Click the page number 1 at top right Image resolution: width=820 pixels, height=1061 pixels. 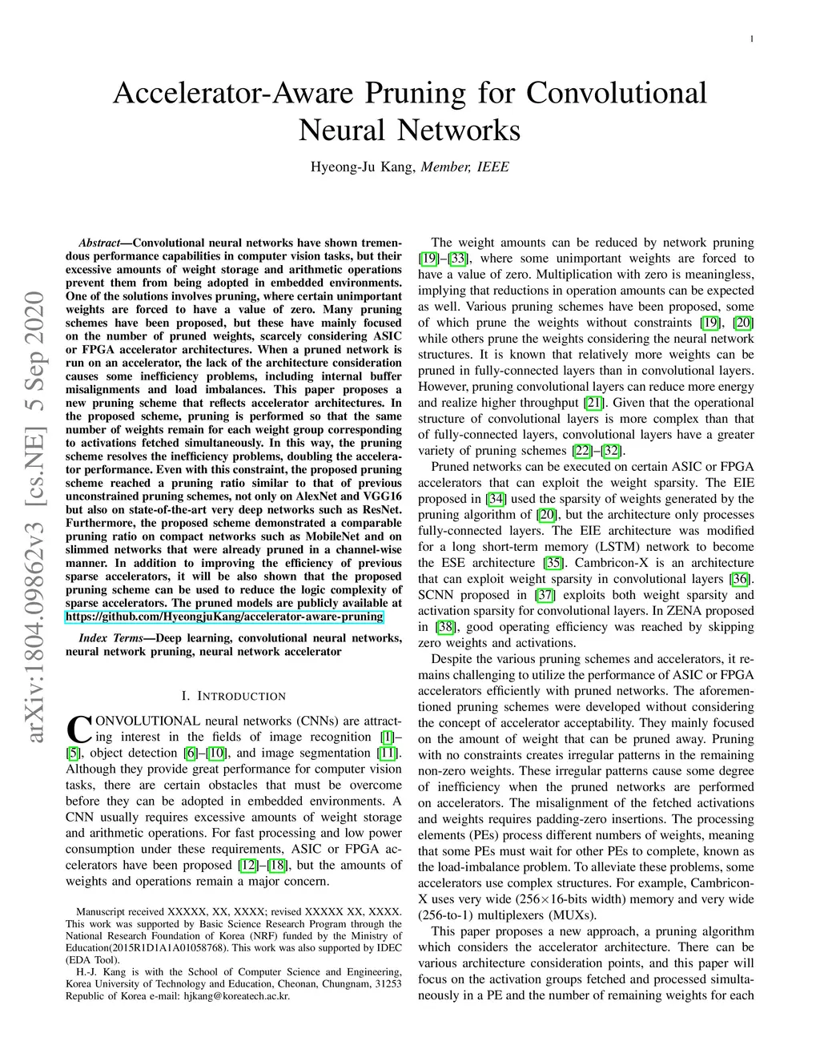[x=752, y=38]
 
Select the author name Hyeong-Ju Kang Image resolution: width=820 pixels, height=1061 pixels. [x=363, y=167]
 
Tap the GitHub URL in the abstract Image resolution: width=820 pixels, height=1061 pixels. [x=224, y=617]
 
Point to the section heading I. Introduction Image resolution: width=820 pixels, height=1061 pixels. [x=234, y=696]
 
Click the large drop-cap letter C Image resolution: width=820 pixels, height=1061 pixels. [x=78, y=728]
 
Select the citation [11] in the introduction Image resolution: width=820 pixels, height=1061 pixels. [x=388, y=753]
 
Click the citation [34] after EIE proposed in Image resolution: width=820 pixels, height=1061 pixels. [x=496, y=498]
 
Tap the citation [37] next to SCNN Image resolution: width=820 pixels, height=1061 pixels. [x=545, y=594]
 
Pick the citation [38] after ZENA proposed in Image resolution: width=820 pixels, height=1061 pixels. [x=445, y=626]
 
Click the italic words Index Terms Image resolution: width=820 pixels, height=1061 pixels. [x=111, y=637]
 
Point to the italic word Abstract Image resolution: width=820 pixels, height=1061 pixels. [x=100, y=243]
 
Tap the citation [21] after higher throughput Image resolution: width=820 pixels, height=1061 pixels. [x=593, y=402]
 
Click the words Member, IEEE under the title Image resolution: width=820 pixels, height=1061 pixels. [x=464, y=167]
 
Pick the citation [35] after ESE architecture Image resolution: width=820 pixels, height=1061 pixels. [x=553, y=562]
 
